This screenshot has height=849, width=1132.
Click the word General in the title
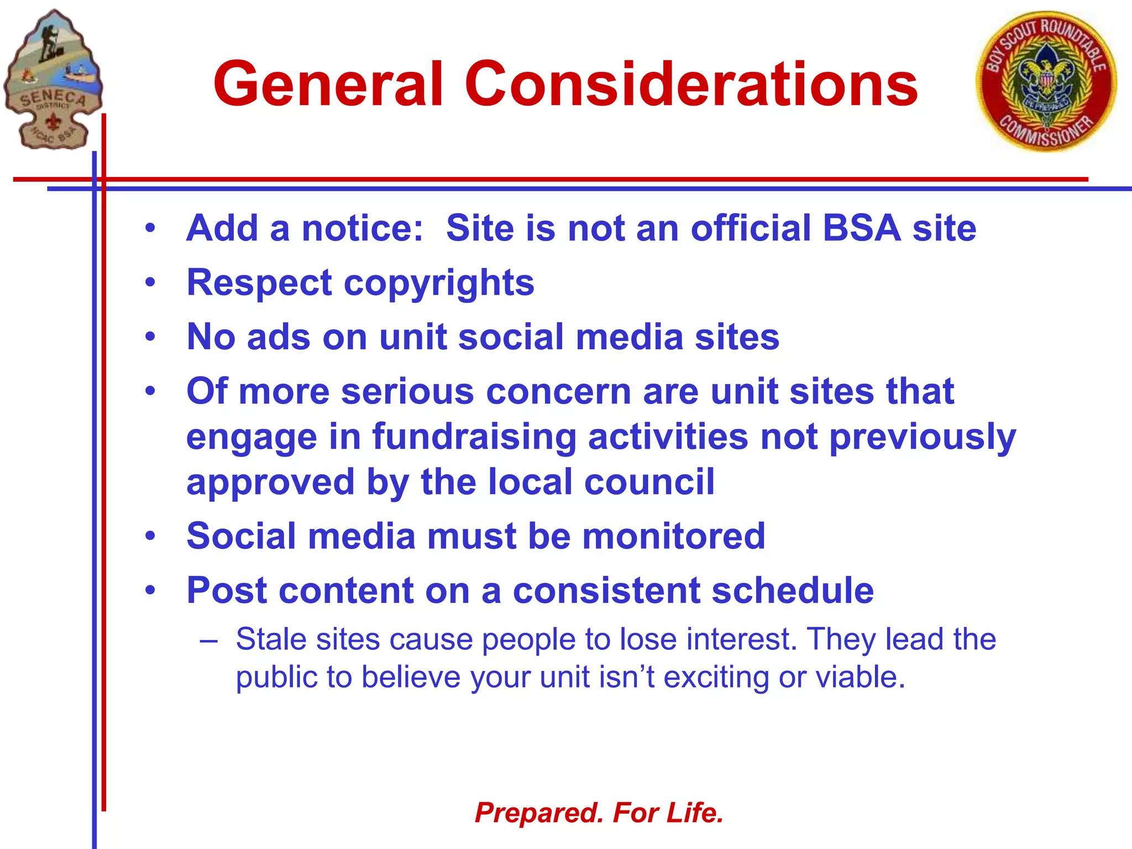(328, 84)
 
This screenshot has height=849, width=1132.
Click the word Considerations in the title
(691, 84)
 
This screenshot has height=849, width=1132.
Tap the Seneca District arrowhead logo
(53, 80)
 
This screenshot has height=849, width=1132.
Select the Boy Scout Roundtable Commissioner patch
(1046, 81)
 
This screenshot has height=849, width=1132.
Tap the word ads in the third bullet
(279, 337)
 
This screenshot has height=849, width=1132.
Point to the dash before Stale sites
(209, 641)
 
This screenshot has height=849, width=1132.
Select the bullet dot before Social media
(150, 537)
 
